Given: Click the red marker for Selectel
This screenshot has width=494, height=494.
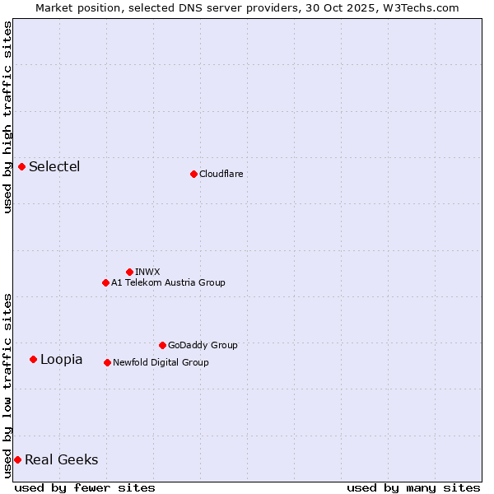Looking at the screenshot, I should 21,166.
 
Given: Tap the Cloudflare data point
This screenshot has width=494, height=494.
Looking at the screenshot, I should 193,174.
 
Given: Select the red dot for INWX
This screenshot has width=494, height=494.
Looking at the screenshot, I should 129,272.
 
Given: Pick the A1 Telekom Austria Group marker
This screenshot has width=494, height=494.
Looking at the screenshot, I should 105,282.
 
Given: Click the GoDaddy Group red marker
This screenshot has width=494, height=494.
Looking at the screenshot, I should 162,345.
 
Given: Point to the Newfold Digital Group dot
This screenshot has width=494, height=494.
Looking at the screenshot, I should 107,362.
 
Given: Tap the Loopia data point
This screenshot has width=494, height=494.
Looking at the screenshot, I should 33,359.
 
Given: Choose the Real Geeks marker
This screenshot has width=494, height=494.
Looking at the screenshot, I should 17,459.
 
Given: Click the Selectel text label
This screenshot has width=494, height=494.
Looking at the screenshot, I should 54,167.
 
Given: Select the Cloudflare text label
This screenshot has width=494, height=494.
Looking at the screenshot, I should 221,175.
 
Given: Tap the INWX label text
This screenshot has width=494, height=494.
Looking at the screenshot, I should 147,272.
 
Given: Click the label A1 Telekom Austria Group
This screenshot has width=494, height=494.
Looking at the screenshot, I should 168,283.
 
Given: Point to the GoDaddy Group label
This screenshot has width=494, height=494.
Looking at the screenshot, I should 203,346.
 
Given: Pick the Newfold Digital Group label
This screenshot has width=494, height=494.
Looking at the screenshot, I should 161,362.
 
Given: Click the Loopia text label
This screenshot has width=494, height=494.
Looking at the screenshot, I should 61,360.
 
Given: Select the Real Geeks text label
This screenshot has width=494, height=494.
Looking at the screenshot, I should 61,460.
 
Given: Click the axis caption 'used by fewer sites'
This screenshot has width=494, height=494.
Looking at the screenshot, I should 85,487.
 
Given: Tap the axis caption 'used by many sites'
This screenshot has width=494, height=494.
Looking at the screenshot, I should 413,487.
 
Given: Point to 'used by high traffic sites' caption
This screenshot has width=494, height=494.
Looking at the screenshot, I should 7,117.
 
